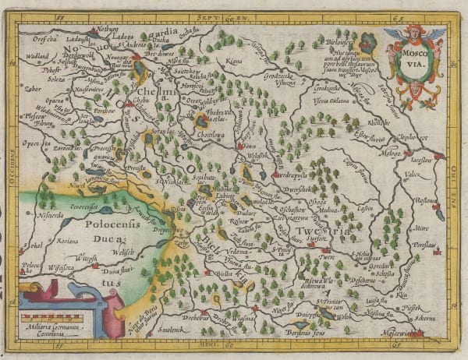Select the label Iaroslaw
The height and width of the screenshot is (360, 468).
pyautogui.click(x=424, y=154)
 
